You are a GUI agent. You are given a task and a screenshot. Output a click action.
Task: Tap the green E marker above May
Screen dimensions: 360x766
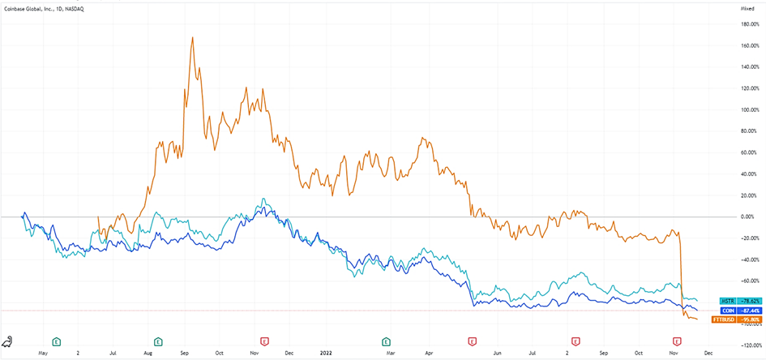[57, 341]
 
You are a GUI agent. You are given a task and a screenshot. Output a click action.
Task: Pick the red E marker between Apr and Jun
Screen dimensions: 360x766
[472, 341]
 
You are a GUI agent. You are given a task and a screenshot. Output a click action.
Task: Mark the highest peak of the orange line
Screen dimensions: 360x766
[192, 37]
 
